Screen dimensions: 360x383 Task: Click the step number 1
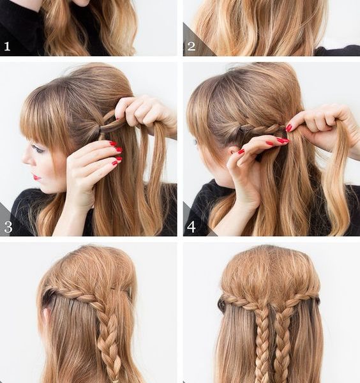(7, 47)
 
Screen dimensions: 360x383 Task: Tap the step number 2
(191, 47)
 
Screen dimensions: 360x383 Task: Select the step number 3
(8, 227)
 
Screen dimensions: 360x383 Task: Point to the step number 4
(191, 227)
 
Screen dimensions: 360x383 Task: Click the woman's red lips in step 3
(36, 177)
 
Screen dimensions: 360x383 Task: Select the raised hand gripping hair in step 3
(145, 114)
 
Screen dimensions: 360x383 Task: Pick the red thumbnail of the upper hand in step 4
(289, 128)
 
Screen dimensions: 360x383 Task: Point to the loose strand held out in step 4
(336, 176)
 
